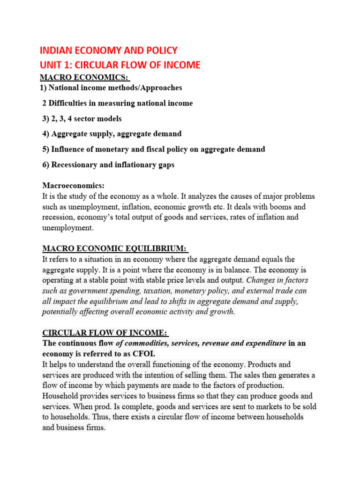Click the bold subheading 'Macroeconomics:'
[x=74, y=186]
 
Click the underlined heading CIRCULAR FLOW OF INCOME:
[x=105, y=333]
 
